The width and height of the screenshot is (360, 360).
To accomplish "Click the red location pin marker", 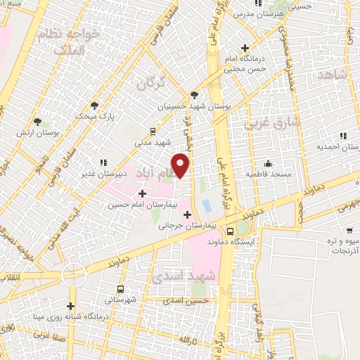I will (x=181, y=165).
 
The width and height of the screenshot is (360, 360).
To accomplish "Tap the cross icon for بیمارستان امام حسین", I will (x=143, y=193).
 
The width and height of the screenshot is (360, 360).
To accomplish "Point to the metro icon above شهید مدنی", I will (x=153, y=131).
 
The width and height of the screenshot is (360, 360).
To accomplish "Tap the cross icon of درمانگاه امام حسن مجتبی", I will (x=245, y=48).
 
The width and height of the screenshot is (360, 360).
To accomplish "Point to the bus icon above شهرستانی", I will (x=120, y=289).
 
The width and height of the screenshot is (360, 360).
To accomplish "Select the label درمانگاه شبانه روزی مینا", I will (x=70, y=316).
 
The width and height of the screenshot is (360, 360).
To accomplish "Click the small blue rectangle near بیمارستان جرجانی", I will (x=206, y=207).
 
